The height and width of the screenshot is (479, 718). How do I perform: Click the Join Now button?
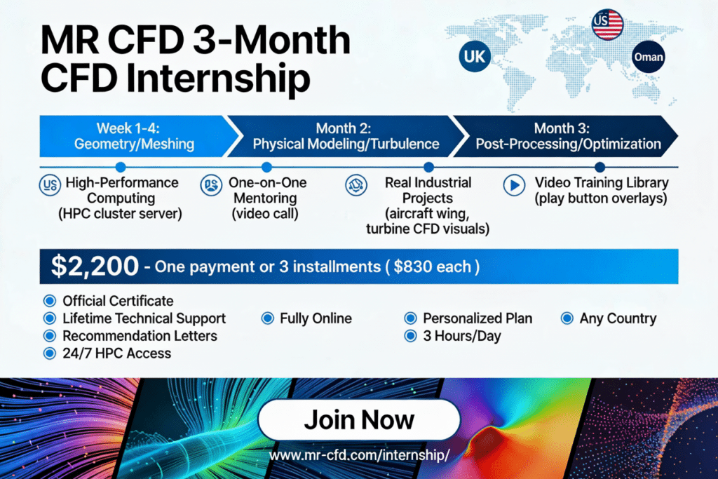(359, 420)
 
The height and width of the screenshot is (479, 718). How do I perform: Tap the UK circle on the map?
(475, 57)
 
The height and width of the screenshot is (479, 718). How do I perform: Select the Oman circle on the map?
(647, 57)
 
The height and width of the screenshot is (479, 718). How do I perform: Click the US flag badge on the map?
(607, 25)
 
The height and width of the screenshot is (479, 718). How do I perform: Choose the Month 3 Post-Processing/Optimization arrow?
(567, 136)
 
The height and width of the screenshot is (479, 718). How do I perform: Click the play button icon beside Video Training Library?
(515, 186)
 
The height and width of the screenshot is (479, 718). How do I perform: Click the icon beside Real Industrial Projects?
(353, 186)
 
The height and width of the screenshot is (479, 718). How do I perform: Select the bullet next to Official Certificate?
(49, 301)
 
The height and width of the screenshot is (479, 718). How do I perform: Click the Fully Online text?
(316, 318)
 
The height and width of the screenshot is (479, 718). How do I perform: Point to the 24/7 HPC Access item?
(116, 353)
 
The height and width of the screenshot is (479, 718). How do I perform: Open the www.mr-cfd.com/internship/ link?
(359, 455)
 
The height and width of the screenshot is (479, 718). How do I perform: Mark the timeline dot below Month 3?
(600, 167)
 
